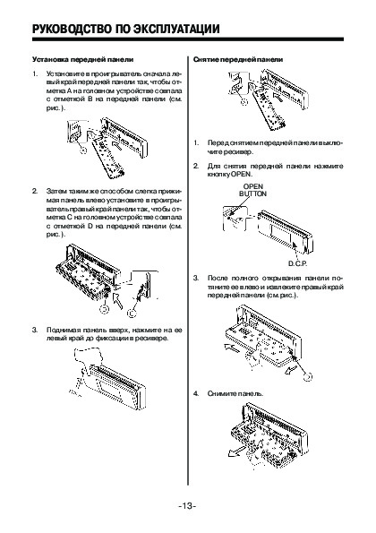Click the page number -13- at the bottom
click(187, 505)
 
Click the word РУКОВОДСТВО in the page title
click(72, 30)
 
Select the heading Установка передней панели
click(82, 59)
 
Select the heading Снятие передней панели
click(238, 59)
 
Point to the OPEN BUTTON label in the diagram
click(253, 190)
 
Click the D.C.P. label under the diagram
click(297, 263)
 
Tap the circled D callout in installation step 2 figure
click(105, 309)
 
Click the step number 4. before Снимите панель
click(196, 393)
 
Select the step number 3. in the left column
click(35, 330)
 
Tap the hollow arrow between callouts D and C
click(117, 300)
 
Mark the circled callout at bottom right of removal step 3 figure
click(307, 376)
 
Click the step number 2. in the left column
click(35, 191)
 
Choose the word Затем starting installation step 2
click(55, 191)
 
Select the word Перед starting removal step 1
click(216, 143)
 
